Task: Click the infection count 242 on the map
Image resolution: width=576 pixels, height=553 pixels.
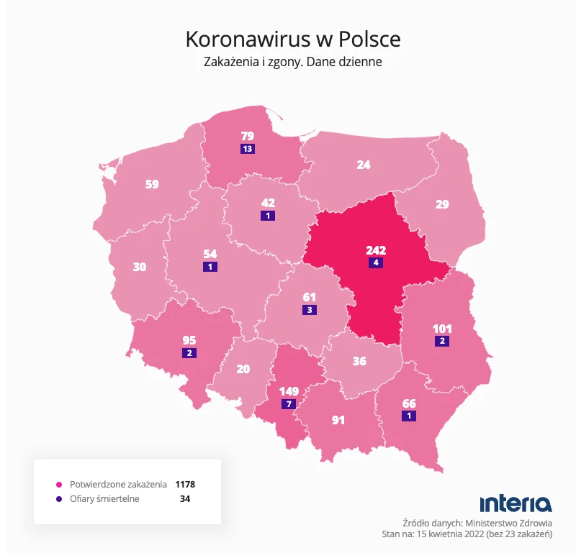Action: (x=376, y=250)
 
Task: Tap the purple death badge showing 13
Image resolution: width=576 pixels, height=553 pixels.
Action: (x=248, y=149)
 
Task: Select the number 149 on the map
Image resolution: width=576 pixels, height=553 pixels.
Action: (x=288, y=391)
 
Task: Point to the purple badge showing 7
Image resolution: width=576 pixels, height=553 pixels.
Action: (x=288, y=404)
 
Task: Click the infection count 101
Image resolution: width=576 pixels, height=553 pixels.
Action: (x=442, y=329)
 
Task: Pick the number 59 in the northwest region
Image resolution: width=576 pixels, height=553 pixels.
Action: (x=152, y=184)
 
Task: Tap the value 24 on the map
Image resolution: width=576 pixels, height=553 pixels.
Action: (x=364, y=165)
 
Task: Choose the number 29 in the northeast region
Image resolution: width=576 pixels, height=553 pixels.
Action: (x=442, y=204)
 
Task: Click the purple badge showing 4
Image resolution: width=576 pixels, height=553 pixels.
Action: (x=375, y=263)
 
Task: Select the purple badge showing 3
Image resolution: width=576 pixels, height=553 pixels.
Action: (x=309, y=310)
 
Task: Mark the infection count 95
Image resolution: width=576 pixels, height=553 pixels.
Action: (x=189, y=340)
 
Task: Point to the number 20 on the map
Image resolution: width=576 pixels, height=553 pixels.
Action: (x=243, y=369)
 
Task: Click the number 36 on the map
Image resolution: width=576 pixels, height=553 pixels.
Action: (x=359, y=361)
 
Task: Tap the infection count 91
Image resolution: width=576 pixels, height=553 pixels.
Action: (x=338, y=420)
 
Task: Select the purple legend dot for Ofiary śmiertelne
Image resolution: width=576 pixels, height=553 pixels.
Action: (x=58, y=498)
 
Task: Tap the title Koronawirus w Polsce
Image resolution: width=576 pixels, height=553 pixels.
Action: (x=293, y=39)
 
